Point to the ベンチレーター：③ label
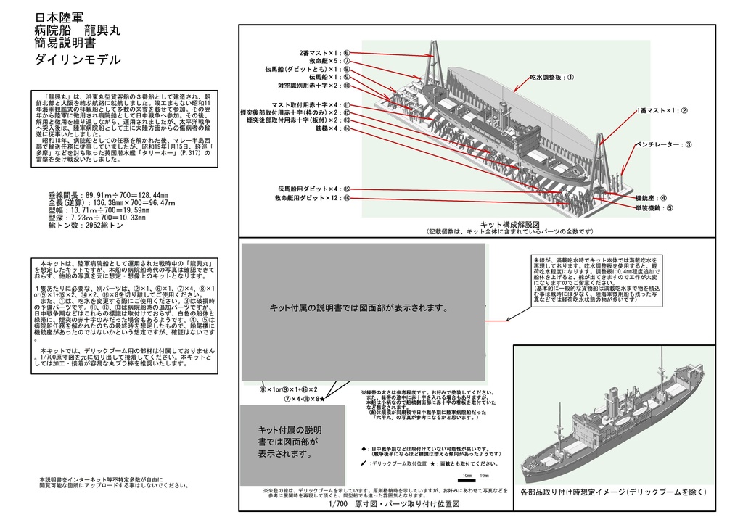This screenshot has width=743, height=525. tap(663, 144)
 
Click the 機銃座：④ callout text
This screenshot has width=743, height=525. tap(651, 197)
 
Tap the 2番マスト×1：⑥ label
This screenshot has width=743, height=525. tap(324, 53)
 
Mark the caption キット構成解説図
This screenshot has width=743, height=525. tap(511, 224)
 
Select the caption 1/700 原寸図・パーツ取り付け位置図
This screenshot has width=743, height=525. tap(394, 504)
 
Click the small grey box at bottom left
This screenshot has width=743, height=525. tap(292, 442)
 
